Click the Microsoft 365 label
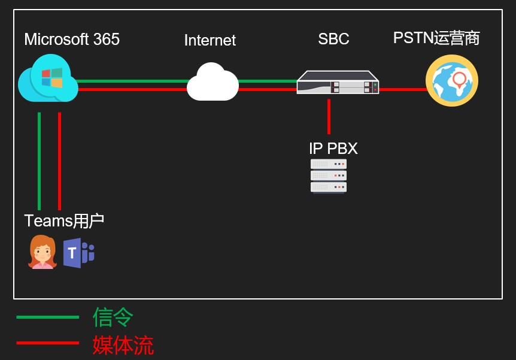coord(72,40)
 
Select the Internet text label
coord(210,40)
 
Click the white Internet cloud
coord(213,82)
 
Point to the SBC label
coord(333,40)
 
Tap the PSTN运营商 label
coord(436,38)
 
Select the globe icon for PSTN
coord(452,80)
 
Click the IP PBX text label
coord(333,148)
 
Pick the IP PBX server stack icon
coord(329,176)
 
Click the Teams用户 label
coord(64,220)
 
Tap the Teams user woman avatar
coord(42,252)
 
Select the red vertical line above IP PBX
coord(329,116)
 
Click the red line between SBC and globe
coord(402,89)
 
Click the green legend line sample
coord(47,317)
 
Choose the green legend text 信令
coord(113,317)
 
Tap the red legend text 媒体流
coord(123,345)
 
